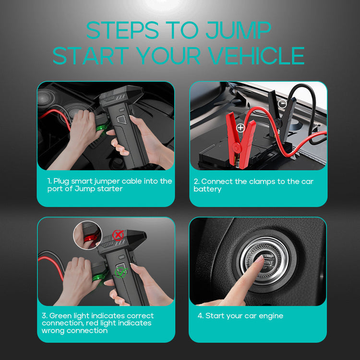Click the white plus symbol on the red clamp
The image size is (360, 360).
(240, 128)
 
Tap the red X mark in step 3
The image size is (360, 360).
(118, 235)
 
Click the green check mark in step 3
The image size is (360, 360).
(121, 273)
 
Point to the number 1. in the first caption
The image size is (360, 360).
(49, 181)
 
